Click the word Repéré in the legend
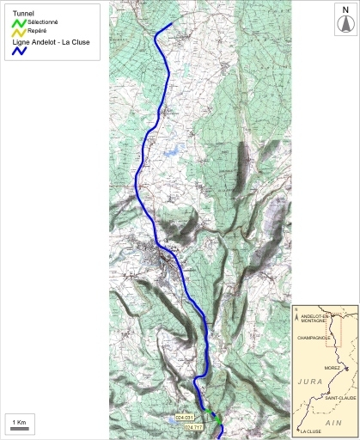pyautogui.click(x=38, y=31)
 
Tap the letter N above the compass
pyautogui.click(x=345, y=10)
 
